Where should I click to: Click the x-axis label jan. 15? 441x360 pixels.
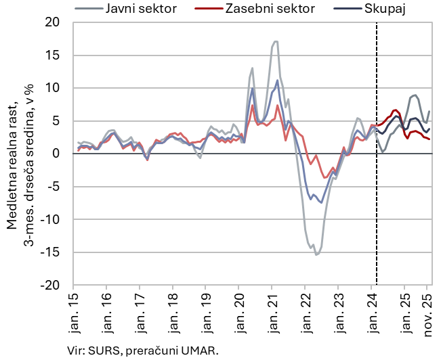[x=74, y=310]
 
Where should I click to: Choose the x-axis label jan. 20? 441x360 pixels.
[x=239, y=310]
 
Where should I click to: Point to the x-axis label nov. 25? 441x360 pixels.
[x=428, y=310]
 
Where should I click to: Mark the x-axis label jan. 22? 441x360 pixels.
[x=305, y=310]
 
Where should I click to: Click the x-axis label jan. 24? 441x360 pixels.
[x=371, y=310]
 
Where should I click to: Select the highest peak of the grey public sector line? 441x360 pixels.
[x=275, y=41]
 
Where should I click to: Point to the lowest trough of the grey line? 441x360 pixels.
[x=316, y=255]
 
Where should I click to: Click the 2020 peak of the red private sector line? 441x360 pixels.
[x=253, y=105]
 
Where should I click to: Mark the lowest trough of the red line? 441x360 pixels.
[x=325, y=178]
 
